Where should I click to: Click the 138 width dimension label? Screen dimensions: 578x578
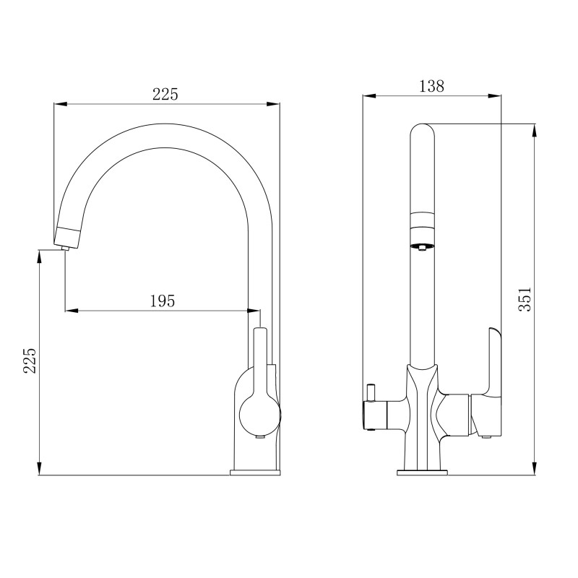pyautogui.click(x=431, y=86)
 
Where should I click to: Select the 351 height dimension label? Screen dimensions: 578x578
pyautogui.click(x=525, y=299)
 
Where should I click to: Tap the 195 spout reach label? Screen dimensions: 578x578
pyautogui.click(x=162, y=301)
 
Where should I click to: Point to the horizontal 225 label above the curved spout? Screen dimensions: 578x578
pyautogui.click(x=165, y=94)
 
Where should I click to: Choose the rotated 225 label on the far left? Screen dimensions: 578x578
pyautogui.click(x=30, y=361)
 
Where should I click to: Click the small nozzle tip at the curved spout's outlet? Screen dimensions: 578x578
pyautogui.click(x=66, y=248)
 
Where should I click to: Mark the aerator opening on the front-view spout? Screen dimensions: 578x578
pyautogui.click(x=423, y=246)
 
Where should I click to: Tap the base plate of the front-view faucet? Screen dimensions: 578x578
pyautogui.click(x=423, y=473)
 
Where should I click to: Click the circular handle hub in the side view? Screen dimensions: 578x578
pyautogui.click(x=260, y=415)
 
